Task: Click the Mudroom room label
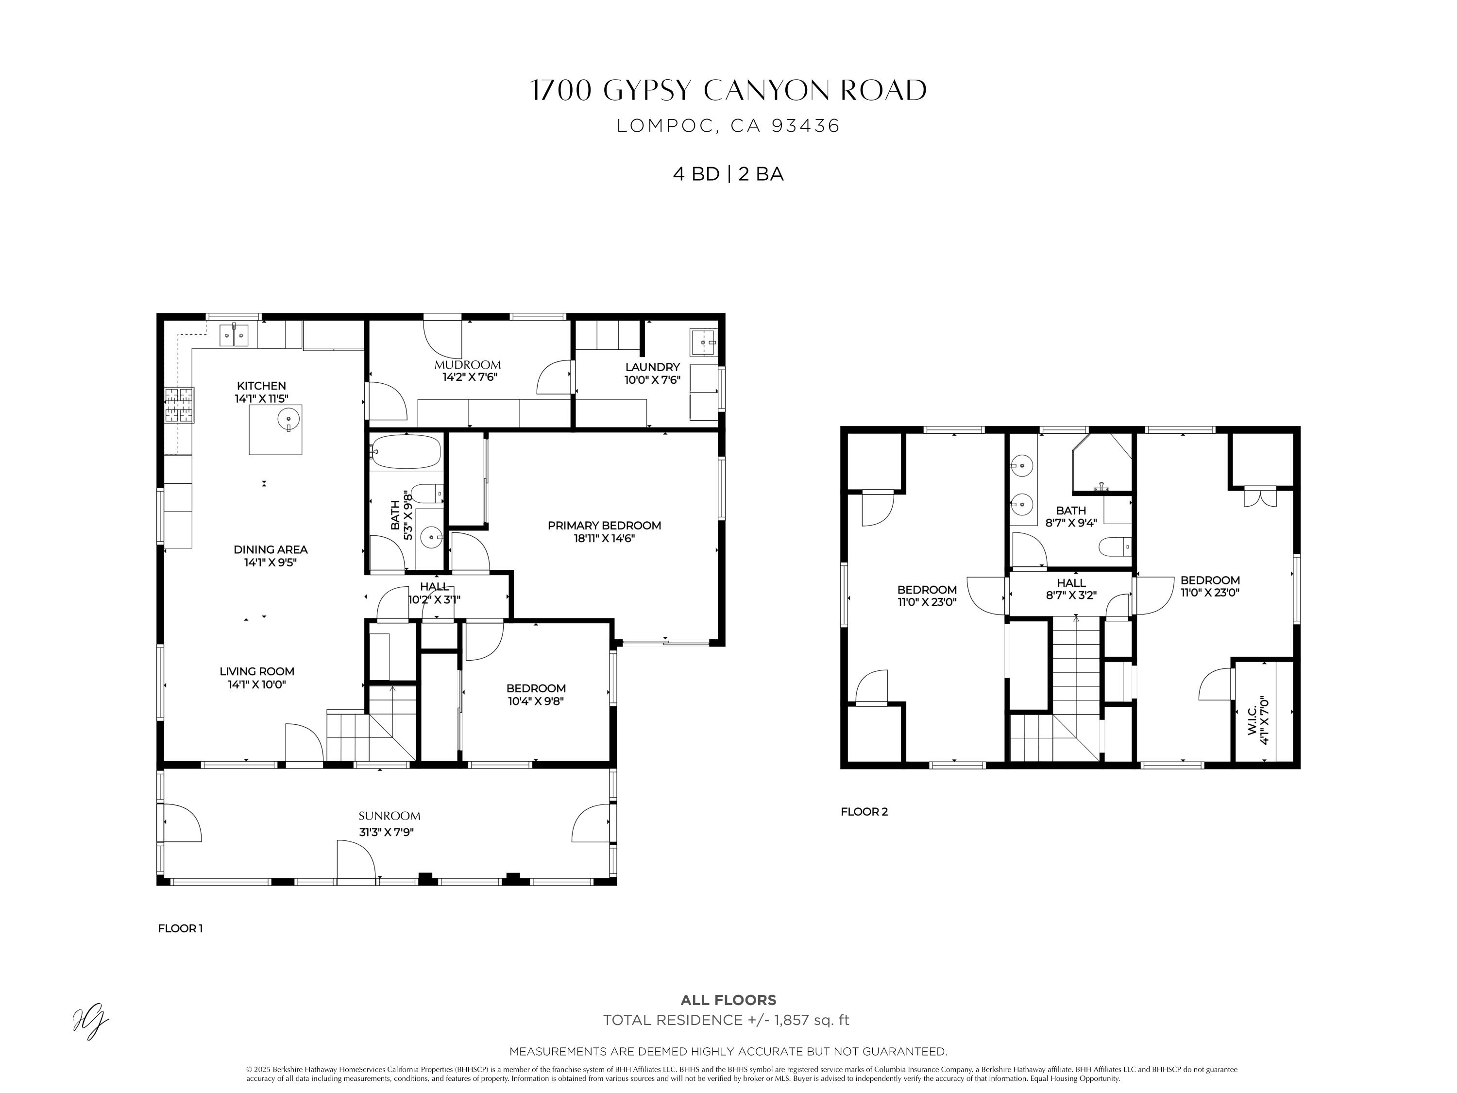click(467, 365)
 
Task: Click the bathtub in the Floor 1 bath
click(405, 451)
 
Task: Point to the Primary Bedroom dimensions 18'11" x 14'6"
click(604, 538)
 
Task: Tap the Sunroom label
click(390, 816)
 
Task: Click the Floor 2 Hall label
click(1071, 583)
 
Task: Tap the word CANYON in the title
click(767, 91)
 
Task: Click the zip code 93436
click(805, 126)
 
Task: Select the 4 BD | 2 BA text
click(728, 174)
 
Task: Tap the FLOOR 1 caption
click(180, 929)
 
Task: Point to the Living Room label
click(257, 671)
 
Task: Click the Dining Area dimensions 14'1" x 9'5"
click(270, 563)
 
